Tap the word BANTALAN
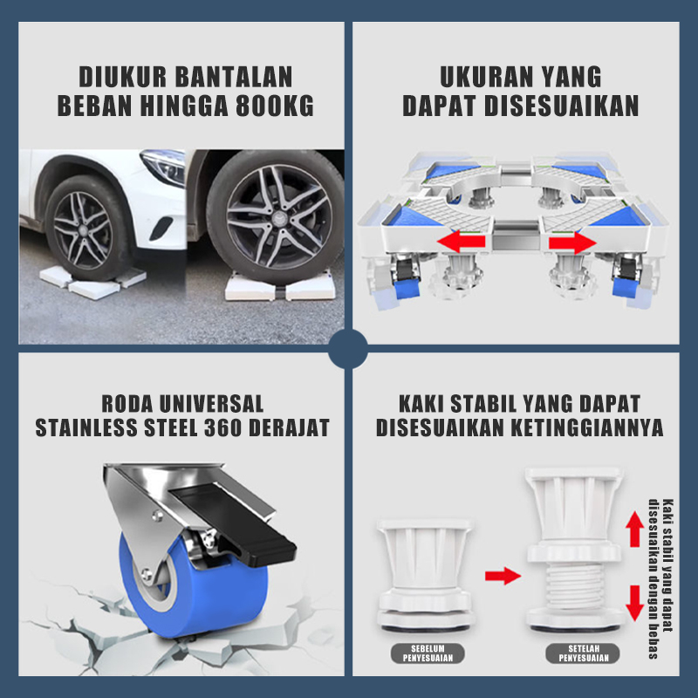point(234,77)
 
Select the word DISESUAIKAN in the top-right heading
point(561,106)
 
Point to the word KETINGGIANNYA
point(586,428)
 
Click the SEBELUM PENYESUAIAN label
point(428,654)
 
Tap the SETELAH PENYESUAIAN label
point(583,654)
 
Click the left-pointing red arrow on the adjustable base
point(462,242)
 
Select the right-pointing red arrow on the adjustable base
point(572,243)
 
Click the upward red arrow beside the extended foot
point(635,529)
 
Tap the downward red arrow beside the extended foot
point(635,604)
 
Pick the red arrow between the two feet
point(503,576)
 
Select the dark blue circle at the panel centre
point(348,349)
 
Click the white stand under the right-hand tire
point(280,286)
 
